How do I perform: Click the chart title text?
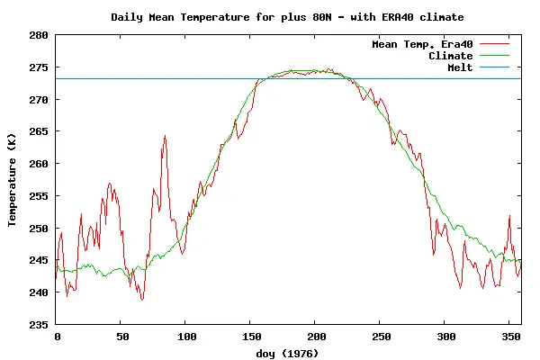pyautogui.click(x=287, y=17)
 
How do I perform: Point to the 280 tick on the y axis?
pyautogui.click(x=39, y=34)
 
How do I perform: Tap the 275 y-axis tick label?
pyautogui.click(x=39, y=67)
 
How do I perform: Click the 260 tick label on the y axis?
pyautogui.click(x=39, y=164)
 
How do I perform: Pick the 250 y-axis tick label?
pyautogui.click(x=39, y=228)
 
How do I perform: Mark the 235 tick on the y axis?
pyautogui.click(x=39, y=324)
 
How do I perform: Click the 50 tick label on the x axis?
pyautogui.click(x=121, y=337)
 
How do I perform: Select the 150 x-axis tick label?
pyautogui.click(x=250, y=337)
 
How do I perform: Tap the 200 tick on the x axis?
pyautogui.click(x=315, y=337)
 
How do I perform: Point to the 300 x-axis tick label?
pyautogui.click(x=444, y=337)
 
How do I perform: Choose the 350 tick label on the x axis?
pyautogui.click(x=508, y=337)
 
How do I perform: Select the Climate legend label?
pyautogui.click(x=450, y=56)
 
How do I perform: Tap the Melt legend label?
pyautogui.click(x=460, y=67)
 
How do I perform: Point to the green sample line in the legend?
pyautogui.click(x=495, y=56)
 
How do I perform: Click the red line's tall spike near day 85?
pyautogui.click(x=166, y=137)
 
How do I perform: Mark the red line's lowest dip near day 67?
pyautogui.click(x=142, y=299)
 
